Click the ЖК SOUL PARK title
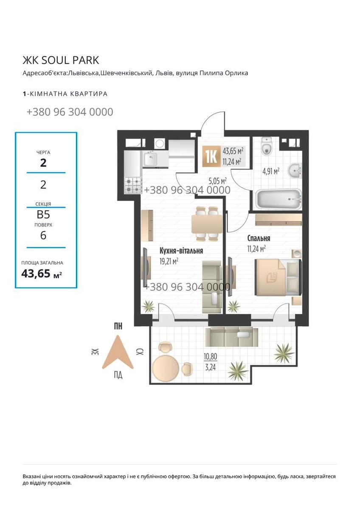tap(61, 60)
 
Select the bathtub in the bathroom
tap(278, 199)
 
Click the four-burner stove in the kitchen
tap(133, 185)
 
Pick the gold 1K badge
tap(211, 157)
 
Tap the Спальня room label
tap(259, 238)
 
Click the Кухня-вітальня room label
tap(181, 251)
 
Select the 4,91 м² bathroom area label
tap(271, 171)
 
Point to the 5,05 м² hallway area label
tap(218, 181)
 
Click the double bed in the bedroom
tap(278, 277)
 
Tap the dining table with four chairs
tap(207, 224)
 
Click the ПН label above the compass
tap(118, 326)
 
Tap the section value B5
tap(43, 215)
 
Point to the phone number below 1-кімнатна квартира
tap(70, 112)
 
